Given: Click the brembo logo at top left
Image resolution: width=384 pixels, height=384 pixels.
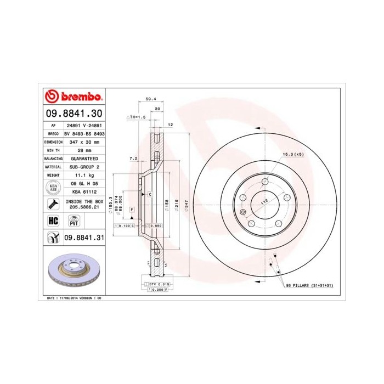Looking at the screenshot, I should pos(74,97).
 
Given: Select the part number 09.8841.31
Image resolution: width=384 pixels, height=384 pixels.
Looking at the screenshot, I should pos(84,237).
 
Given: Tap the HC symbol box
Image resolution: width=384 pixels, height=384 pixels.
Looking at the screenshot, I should pos(54,220).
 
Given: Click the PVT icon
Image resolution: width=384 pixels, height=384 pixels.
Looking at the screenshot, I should pos(73,221).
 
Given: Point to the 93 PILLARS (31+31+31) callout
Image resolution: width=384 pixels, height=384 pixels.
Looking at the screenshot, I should pos(309,286).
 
